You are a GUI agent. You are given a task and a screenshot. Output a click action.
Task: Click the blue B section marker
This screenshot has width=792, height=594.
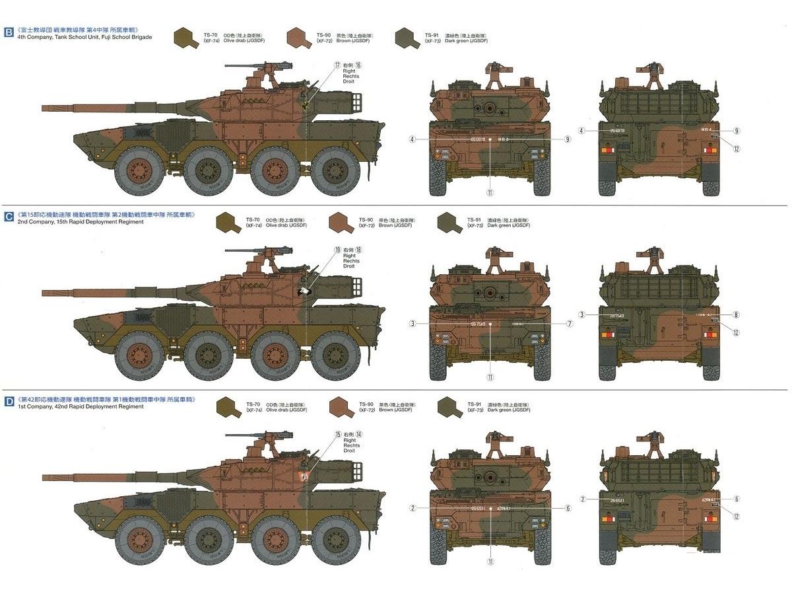tap(8, 31)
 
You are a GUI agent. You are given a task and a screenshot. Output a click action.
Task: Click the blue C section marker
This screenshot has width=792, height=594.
tap(8, 216)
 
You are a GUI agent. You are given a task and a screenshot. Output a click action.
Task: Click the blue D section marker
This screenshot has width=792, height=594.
tap(8, 401)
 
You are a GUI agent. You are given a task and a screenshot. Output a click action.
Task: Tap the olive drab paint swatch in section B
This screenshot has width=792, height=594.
tap(187, 38)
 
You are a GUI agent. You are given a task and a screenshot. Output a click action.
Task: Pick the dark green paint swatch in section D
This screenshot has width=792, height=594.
tap(450, 408)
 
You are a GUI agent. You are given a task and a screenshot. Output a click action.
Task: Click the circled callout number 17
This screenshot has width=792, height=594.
tap(337, 65)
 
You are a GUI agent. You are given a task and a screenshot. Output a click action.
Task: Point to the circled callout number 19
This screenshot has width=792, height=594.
tap(337, 250)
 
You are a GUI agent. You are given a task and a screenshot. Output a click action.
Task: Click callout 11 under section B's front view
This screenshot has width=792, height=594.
tap(490, 194)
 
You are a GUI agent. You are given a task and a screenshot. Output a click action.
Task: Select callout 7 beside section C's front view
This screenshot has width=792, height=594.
tap(569, 324)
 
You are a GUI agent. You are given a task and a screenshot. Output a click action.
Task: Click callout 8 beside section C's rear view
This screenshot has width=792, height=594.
tap(736, 315)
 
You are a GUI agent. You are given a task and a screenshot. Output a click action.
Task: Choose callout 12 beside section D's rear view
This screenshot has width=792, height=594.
tap(736, 517)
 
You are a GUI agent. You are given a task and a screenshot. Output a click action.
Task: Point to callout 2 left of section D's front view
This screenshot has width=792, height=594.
tap(412, 508)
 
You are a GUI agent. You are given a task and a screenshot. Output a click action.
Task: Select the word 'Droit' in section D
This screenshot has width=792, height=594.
tap(349, 451)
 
